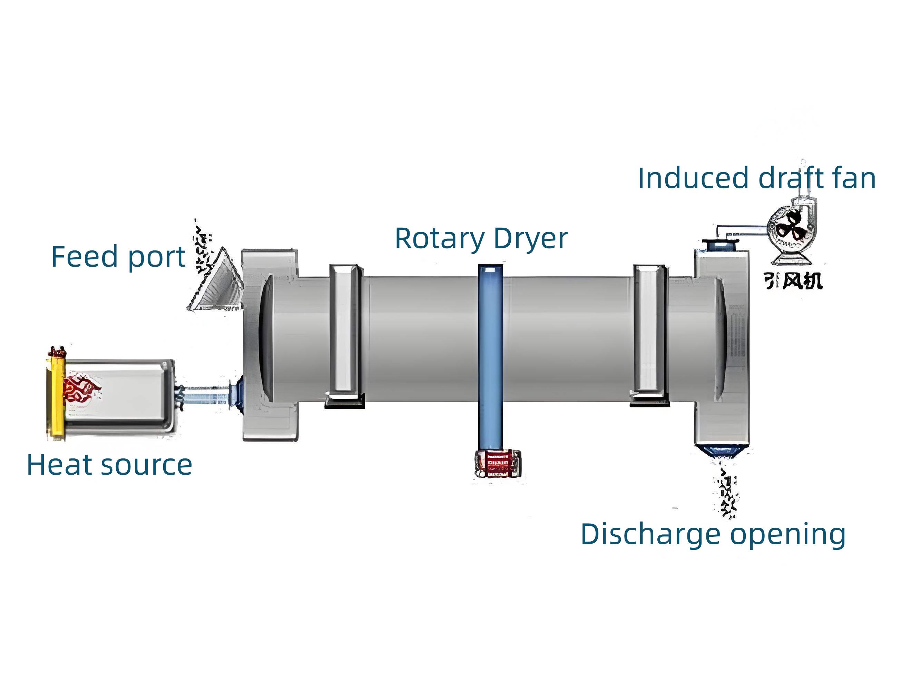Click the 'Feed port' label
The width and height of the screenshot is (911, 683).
coord(118,257)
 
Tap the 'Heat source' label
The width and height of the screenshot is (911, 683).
coord(109,465)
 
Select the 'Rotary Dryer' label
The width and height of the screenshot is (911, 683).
coord(481,238)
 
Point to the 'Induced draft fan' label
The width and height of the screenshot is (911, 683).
coord(756,178)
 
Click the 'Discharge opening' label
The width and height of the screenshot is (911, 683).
coord(713,534)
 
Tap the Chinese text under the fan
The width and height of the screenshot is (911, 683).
coord(793,281)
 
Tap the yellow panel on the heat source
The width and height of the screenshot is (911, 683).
coord(57,397)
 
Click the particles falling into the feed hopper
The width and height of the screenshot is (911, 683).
coord(203,247)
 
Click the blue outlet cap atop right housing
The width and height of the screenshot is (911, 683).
coord(719,245)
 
